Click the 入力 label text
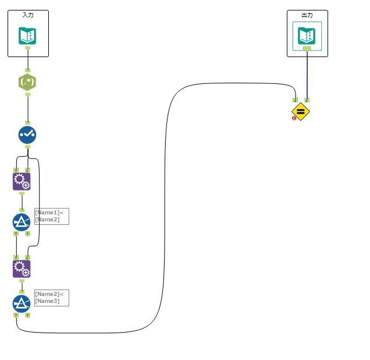(28, 15)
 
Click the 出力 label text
(307, 15)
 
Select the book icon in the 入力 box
(27, 36)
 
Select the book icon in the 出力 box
(307, 36)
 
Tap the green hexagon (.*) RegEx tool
(27, 82)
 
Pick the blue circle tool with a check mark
(27, 135)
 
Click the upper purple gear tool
(22, 181)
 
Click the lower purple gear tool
(22, 269)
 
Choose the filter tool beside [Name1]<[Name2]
(22, 222)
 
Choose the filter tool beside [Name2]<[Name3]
(22, 303)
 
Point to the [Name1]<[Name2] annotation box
(51, 216)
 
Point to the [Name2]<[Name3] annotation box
(51, 298)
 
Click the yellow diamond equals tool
(301, 111)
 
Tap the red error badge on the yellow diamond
(294, 118)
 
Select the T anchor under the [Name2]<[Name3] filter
(16, 315)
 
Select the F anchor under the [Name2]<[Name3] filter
(27, 315)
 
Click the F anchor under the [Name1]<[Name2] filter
(27, 234)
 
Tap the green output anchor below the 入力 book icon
(27, 48)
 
